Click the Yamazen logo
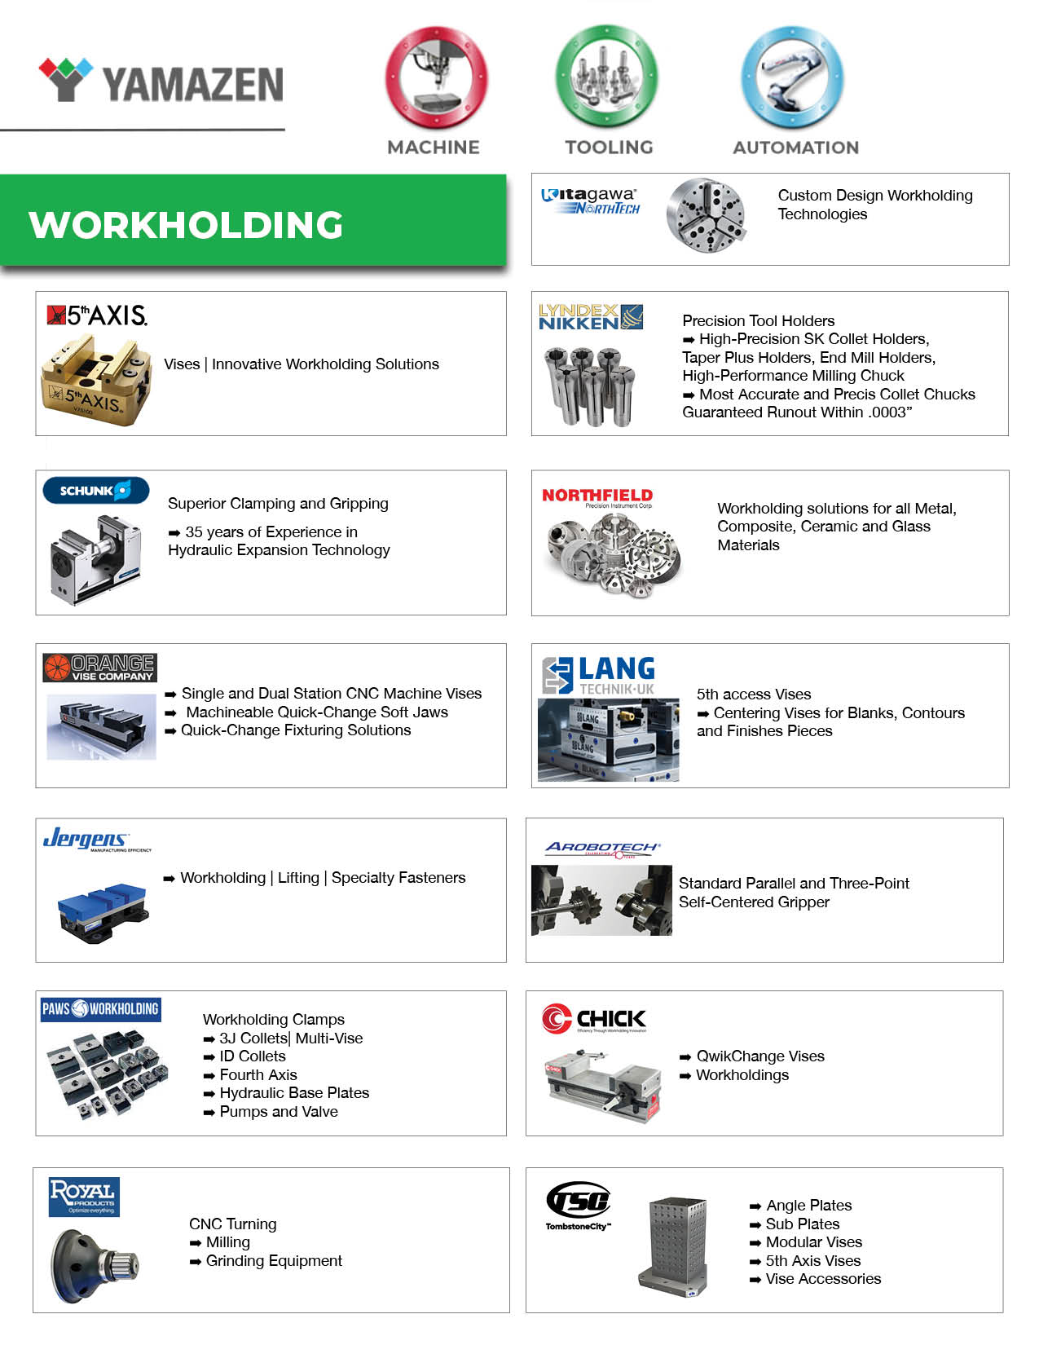pos(161,82)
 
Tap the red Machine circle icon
pos(436,77)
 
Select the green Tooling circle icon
pos(607,76)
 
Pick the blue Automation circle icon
pos(793,77)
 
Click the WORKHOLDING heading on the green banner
pos(186,226)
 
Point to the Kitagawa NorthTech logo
pos(591,201)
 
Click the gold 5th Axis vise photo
pos(95,380)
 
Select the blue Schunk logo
pos(96,491)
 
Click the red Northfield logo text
pos(597,496)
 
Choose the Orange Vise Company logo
pos(99,668)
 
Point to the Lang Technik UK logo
pos(599,675)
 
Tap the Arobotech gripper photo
pos(601,900)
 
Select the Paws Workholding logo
pos(100,1009)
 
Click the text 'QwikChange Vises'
pos(760,1056)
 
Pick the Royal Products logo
pos(84,1196)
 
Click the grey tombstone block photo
pos(675,1245)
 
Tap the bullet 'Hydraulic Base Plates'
pos(294,1093)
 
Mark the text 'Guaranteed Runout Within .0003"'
pos(797,412)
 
